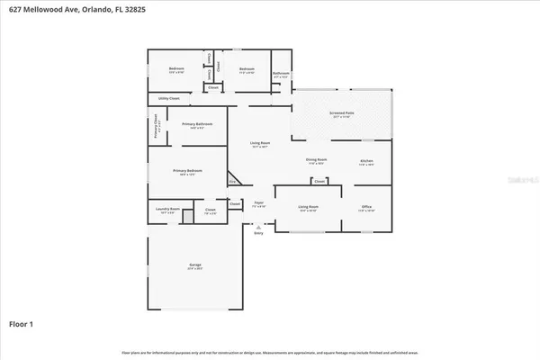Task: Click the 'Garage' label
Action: pos(194,265)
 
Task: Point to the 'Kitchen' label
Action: pos(366,161)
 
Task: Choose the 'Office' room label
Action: pos(366,207)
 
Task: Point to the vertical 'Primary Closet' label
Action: pos(156,123)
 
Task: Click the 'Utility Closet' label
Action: pos(168,97)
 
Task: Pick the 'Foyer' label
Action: pos(258,203)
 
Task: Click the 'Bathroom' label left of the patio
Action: pos(281,74)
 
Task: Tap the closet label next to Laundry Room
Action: pos(210,211)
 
